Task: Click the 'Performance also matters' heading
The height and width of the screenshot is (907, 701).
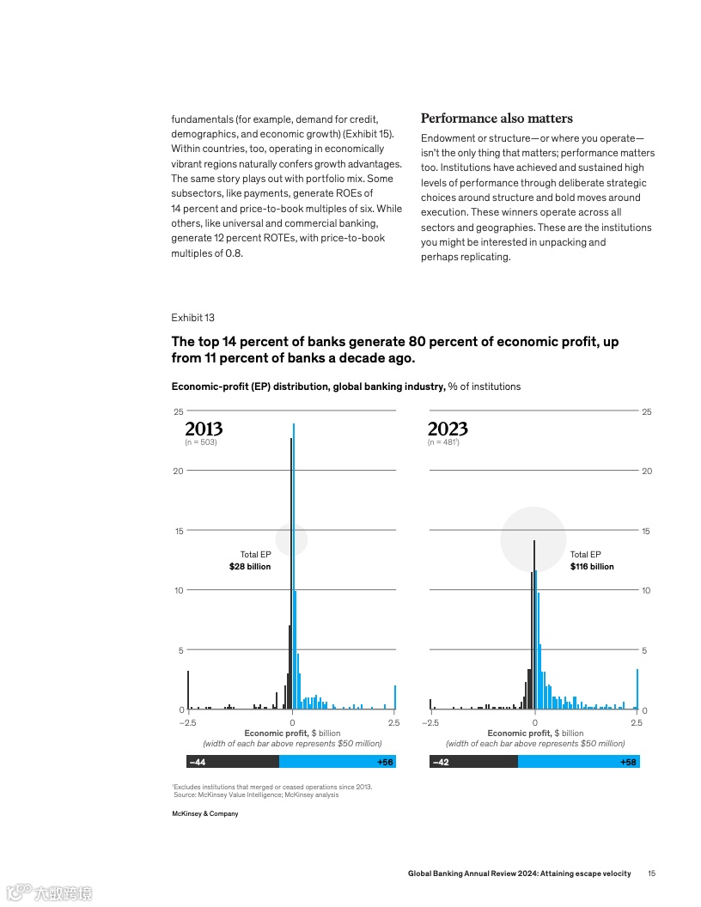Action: click(497, 119)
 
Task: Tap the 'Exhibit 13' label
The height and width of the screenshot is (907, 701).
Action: click(193, 318)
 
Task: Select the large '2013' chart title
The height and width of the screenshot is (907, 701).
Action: click(204, 429)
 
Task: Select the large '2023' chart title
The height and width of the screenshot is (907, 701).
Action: click(448, 429)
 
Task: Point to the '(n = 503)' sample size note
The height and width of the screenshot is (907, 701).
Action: click(201, 443)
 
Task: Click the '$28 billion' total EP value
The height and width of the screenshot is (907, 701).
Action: click(250, 567)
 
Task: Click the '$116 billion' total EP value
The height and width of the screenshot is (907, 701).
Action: click(592, 567)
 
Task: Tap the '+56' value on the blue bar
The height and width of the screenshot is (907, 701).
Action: click(384, 762)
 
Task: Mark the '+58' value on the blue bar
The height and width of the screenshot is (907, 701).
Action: click(627, 762)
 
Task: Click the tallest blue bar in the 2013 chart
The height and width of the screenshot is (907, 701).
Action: click(294, 567)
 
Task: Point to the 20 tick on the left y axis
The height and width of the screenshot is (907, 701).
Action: click(179, 472)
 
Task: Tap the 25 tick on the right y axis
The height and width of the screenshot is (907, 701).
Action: click(647, 412)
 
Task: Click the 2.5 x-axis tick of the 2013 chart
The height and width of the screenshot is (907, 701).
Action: click(393, 723)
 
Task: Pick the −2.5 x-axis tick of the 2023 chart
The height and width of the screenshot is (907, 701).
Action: click(430, 723)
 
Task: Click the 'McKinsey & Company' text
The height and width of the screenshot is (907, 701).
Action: click(205, 814)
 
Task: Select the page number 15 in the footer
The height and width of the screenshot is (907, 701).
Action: click(652, 874)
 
